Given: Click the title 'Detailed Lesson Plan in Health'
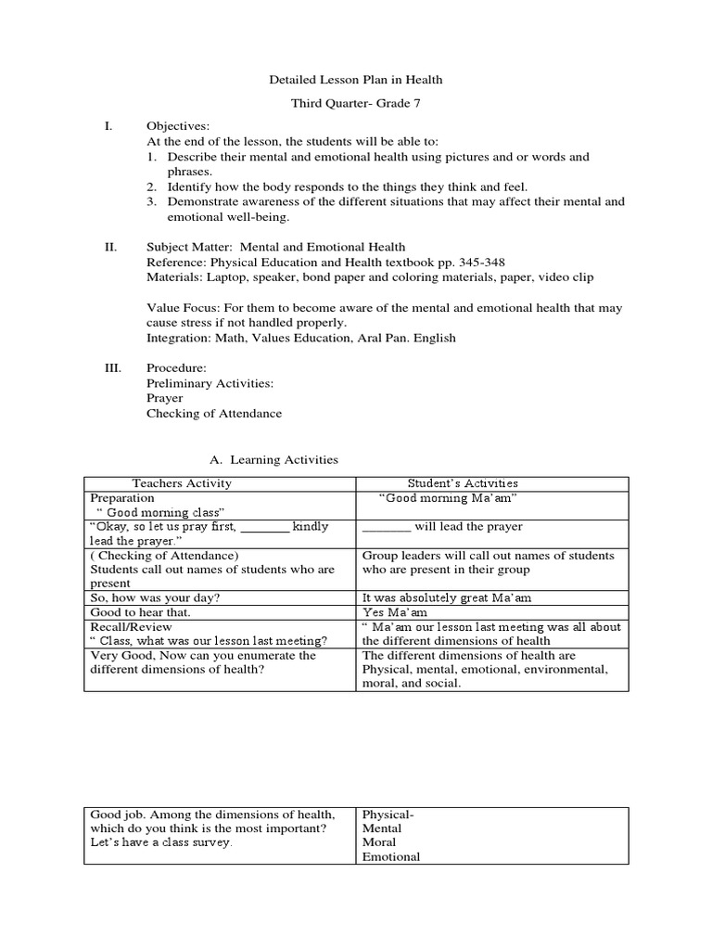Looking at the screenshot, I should pyautogui.click(x=356, y=81).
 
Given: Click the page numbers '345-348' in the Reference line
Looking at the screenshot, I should pyautogui.click(x=477, y=262).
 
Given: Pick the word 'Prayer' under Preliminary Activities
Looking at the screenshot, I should pyautogui.click(x=165, y=398).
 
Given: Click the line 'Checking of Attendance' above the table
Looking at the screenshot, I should pyautogui.click(x=214, y=414).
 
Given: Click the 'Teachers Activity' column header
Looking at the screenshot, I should pyautogui.click(x=182, y=483).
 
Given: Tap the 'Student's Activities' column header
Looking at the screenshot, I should pyautogui.click(x=463, y=483).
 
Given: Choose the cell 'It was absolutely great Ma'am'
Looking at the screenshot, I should pyautogui.click(x=447, y=598).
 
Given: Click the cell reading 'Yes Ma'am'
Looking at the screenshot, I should pyautogui.click(x=389, y=613).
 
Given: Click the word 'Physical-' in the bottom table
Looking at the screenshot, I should pyautogui.click(x=388, y=815).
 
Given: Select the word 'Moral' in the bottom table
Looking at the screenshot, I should pyautogui.click(x=379, y=842).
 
